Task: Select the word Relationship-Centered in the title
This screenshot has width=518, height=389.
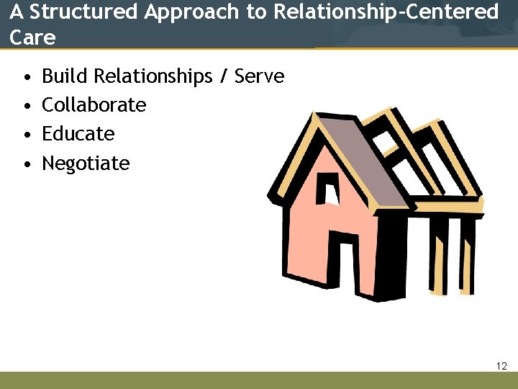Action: click(386, 12)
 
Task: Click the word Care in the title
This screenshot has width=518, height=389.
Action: click(32, 37)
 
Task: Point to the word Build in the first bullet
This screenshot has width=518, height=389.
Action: click(65, 76)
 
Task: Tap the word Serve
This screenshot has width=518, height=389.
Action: click(260, 76)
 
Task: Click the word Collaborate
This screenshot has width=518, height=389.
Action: click(94, 105)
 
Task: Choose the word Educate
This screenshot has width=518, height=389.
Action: click(78, 134)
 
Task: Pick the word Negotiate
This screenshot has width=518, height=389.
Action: click(86, 164)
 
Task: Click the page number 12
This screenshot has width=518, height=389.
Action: click(501, 367)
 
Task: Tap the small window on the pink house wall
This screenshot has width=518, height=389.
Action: click(330, 189)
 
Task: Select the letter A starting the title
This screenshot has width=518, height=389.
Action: click(17, 12)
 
